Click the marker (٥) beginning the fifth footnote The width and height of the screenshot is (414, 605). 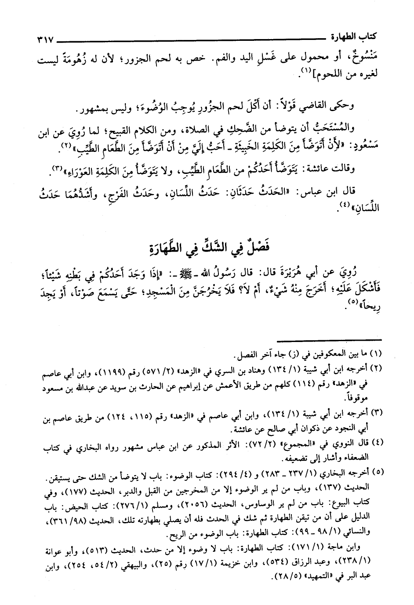pos(378,472)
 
